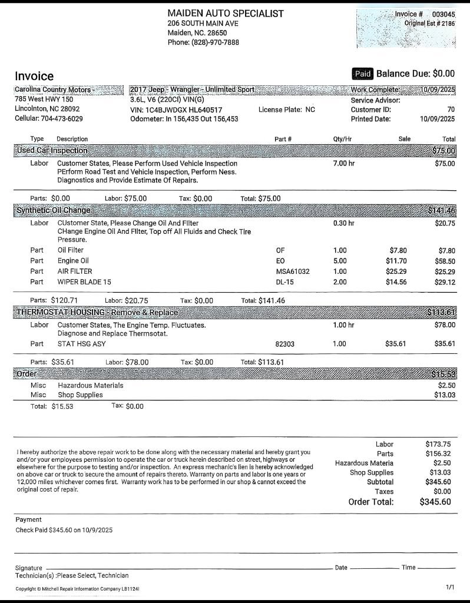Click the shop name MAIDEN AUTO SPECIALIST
(226, 13)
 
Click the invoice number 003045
(443, 14)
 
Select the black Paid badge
(362, 74)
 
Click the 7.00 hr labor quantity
(344, 163)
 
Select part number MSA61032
(293, 271)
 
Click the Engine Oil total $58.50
(445, 261)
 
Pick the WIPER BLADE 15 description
(84, 282)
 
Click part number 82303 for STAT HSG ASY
(285, 344)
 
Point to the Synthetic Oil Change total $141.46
(442, 210)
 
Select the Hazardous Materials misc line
(90, 385)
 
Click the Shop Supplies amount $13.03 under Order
(445, 395)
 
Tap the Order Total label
(371, 502)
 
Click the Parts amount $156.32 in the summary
(438, 453)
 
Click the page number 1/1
(451, 588)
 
